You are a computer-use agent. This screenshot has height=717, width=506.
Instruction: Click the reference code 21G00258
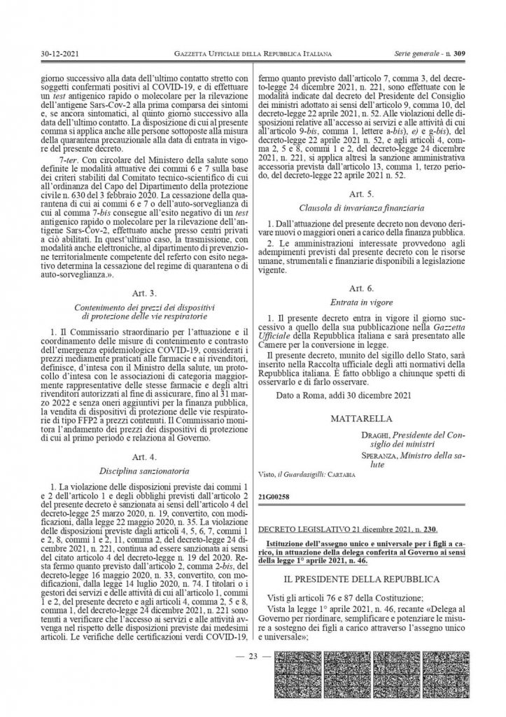273,498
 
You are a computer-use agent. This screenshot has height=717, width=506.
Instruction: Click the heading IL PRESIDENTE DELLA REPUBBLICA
362,580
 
